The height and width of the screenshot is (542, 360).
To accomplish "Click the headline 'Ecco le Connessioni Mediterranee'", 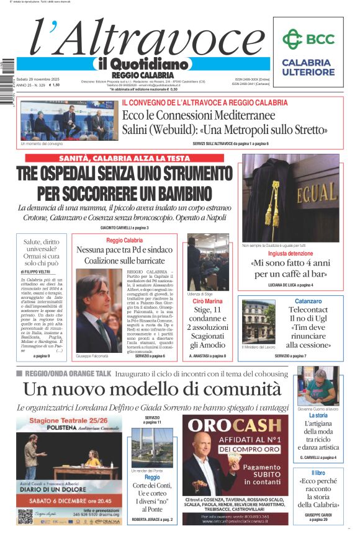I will pos(199,116).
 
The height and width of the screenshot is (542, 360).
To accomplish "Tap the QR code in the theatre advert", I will pos(25,515).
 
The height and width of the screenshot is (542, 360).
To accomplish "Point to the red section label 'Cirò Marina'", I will pos(207,301).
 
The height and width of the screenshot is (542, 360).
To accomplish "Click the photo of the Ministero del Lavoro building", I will pos(258,322).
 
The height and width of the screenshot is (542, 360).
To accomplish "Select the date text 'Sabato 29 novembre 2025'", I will pos(39,79).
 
